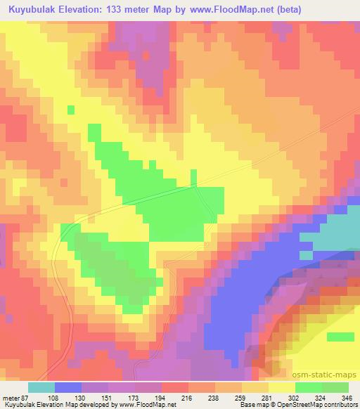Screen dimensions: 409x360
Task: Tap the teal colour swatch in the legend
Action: [41, 387]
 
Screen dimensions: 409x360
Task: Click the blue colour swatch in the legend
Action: [68, 387]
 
